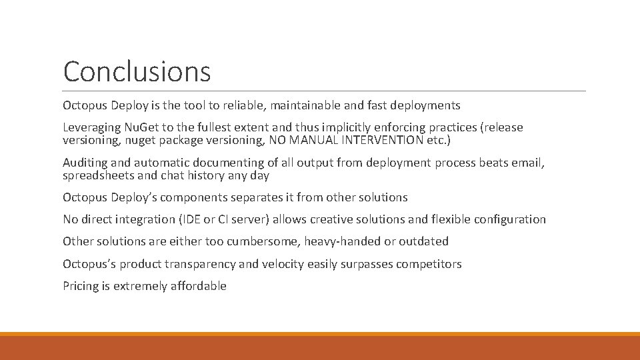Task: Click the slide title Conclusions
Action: click(x=137, y=72)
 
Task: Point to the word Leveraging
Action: click(x=92, y=127)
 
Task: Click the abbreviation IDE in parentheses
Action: click(x=191, y=219)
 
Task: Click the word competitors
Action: click(x=429, y=264)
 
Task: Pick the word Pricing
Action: click(x=80, y=286)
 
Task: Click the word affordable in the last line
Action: click(x=198, y=286)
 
